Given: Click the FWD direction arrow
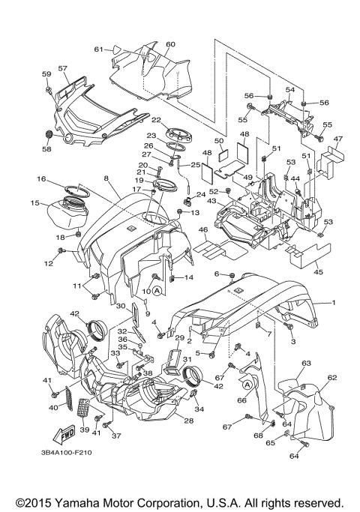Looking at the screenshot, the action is [64, 434].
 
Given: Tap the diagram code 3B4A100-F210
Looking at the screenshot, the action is [66, 453].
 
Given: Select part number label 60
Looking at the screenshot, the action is [170, 44].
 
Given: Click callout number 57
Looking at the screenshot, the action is [63, 68].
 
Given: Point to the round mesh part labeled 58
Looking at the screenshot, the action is [48, 134].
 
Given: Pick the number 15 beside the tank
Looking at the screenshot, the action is [35, 202].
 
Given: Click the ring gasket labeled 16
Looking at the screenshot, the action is [79, 190].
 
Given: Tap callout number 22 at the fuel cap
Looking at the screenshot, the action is [157, 120].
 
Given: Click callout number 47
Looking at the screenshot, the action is [337, 139].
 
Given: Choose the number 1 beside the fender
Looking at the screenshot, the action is [334, 303].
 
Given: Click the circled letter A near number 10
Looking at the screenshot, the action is [157, 290].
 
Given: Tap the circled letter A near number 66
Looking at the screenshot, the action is [247, 385].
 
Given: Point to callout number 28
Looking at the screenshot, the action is [188, 421].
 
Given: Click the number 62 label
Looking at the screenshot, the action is [332, 378].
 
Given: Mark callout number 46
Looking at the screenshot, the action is [202, 230].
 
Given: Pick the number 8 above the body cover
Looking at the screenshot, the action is [106, 178].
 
